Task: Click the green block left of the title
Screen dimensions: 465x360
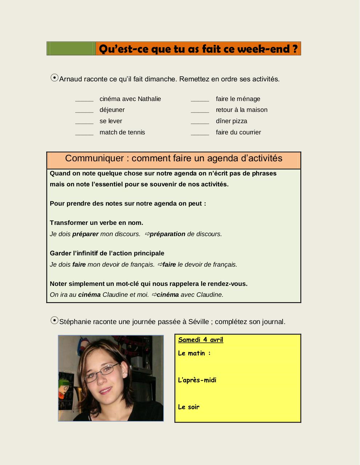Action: (x=71, y=48)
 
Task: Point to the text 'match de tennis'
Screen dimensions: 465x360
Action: (x=122, y=132)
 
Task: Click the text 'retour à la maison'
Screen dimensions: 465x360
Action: (x=241, y=110)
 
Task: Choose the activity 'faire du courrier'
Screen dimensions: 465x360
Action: (x=238, y=132)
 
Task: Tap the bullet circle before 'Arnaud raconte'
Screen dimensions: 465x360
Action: (x=55, y=78)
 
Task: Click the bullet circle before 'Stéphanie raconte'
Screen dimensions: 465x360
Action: (x=55, y=320)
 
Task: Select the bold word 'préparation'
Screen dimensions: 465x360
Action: (x=167, y=234)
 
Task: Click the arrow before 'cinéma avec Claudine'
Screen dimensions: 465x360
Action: (x=154, y=295)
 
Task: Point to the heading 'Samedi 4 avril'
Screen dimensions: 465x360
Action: (x=200, y=340)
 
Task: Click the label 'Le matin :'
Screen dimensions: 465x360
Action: (x=194, y=353)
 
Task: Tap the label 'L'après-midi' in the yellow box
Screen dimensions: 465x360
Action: (x=197, y=380)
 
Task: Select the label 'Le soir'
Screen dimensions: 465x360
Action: (x=189, y=407)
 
